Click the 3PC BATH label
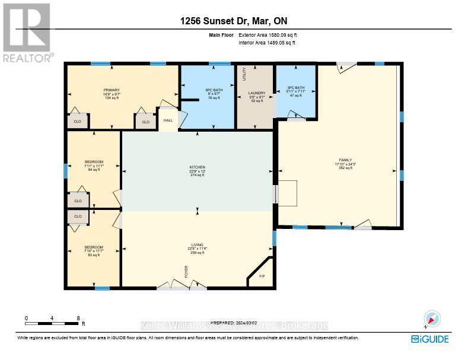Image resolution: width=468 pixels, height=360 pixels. [295, 88]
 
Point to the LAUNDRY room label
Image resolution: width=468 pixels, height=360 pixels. [257, 93]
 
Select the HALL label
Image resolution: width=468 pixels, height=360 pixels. [168, 120]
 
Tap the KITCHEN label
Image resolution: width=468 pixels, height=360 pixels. [197, 167]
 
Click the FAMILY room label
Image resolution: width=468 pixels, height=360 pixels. [345, 160]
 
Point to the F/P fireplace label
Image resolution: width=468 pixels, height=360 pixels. [262, 276]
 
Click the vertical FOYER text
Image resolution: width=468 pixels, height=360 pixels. [185, 273]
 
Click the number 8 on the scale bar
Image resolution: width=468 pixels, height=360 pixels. [78, 318]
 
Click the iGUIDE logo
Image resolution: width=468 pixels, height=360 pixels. [430, 339]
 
